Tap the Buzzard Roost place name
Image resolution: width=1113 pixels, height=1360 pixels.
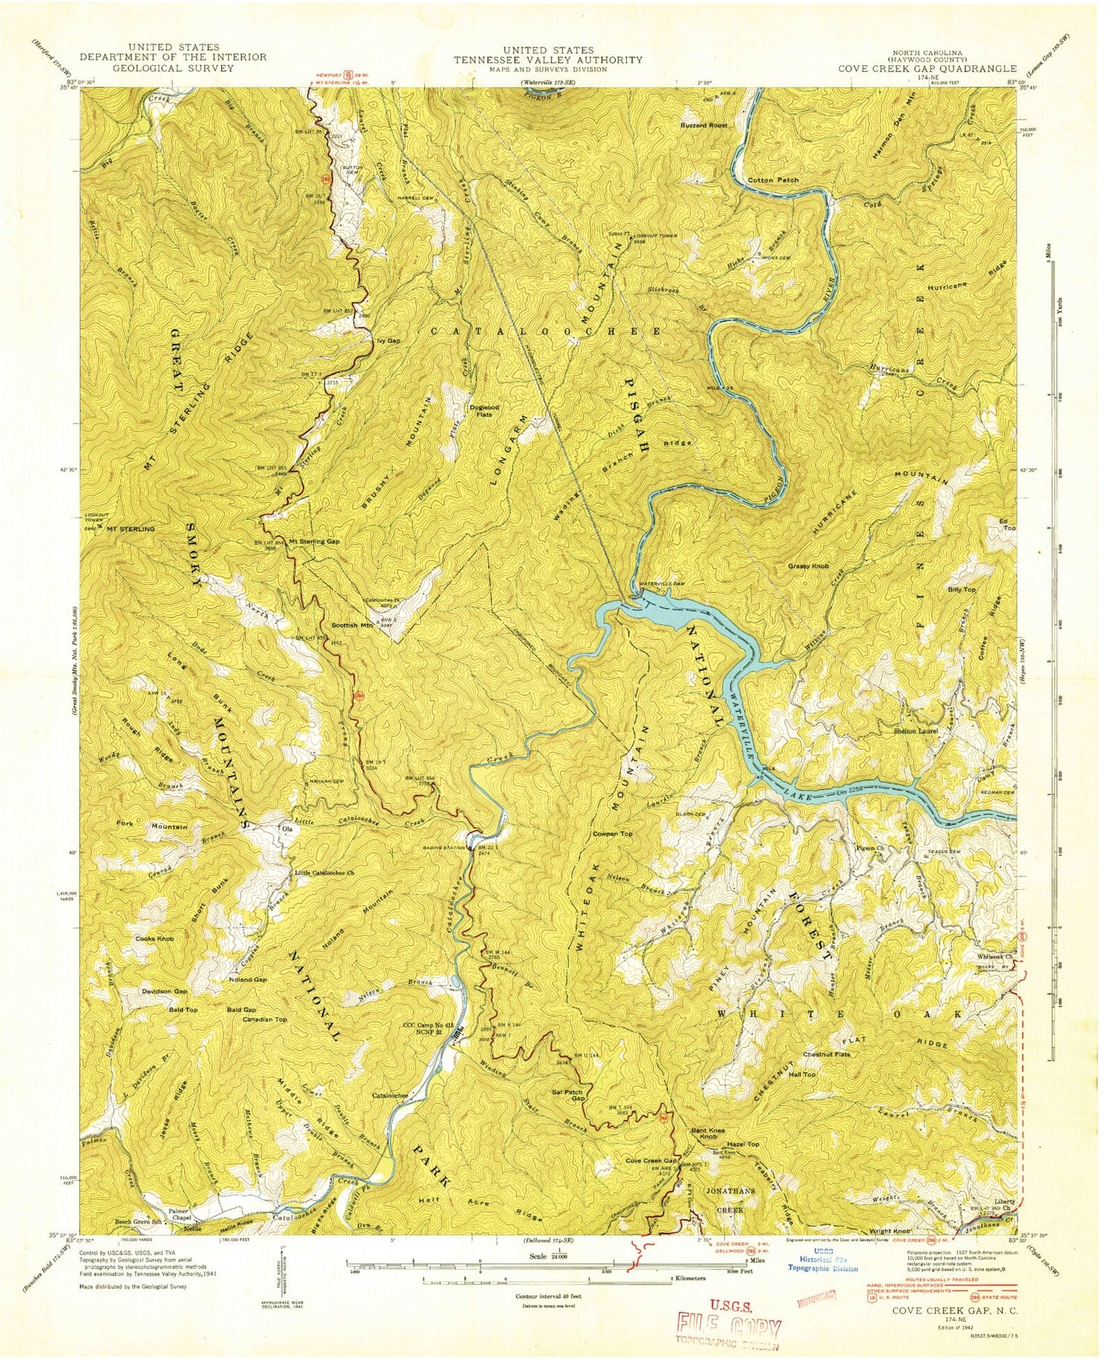click(x=704, y=125)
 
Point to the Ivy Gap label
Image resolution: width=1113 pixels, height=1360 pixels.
click(x=389, y=340)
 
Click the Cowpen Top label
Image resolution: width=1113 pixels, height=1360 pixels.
click(x=612, y=834)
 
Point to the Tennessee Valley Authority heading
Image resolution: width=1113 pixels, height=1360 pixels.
click(x=549, y=59)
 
